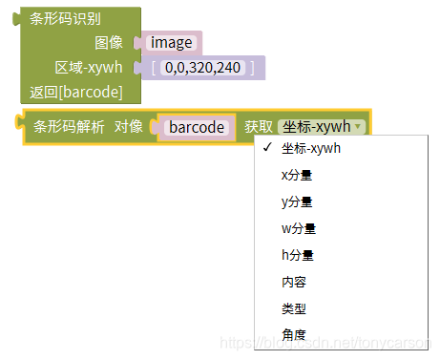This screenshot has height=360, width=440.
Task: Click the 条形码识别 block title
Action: pyautogui.click(x=66, y=19)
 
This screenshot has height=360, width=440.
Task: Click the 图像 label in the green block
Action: pyautogui.click(x=109, y=43)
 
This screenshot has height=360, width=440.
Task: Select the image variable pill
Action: pyautogui.click(x=172, y=43)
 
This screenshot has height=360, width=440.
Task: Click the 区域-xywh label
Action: pyautogui.click(x=89, y=68)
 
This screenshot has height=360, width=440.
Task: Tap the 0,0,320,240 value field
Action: pyautogui.click(x=202, y=68)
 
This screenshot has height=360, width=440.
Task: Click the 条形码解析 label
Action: pyautogui.click(x=69, y=126)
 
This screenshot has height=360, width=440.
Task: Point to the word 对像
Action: pyautogui.click(x=129, y=126)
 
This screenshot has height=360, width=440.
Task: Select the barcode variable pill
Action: pyautogui.click(x=197, y=126)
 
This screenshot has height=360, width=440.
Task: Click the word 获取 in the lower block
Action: pyautogui.click(x=259, y=126)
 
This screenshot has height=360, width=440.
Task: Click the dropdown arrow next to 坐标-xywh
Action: pyautogui.click(x=357, y=126)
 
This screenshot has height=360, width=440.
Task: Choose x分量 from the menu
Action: pyautogui.click(x=297, y=175)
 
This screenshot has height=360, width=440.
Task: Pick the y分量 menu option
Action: pyautogui.click(x=297, y=201)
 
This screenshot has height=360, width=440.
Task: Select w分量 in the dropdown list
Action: pyautogui.click(x=298, y=228)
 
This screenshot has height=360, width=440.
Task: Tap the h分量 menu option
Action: pyautogui.click(x=297, y=255)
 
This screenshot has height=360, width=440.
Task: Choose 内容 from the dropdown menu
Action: pyautogui.click(x=294, y=282)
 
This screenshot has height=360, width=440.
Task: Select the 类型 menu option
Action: pyautogui.click(x=294, y=308)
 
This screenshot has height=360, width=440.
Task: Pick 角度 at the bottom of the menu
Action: pyautogui.click(x=294, y=335)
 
